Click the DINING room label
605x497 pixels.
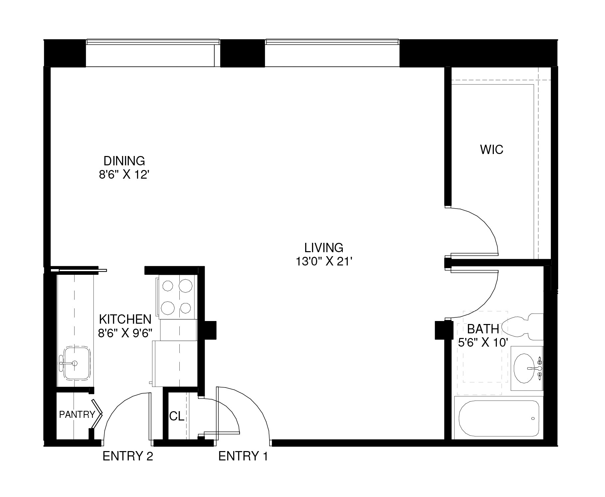124,161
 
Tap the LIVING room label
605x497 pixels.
324,248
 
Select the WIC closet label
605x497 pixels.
492,150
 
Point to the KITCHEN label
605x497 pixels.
125,319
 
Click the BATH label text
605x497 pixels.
483,329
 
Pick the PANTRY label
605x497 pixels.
77,414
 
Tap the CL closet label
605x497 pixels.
177,416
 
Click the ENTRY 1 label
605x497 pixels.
243,456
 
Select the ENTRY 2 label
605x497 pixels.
128,456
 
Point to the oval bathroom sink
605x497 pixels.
527,369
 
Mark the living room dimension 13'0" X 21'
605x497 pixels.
324,262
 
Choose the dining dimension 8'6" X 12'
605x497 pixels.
123,175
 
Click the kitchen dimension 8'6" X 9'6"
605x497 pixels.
125,333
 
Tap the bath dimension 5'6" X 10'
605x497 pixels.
483,342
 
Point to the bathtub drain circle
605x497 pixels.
533,418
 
